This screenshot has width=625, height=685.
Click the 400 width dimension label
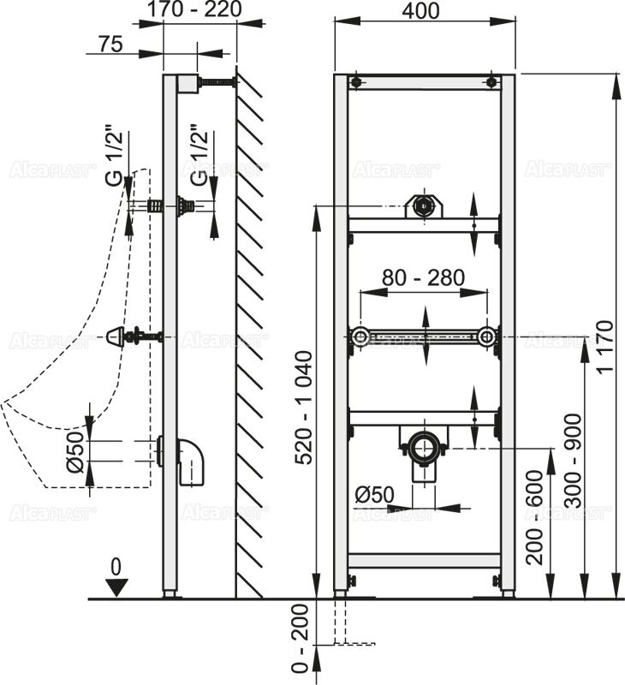(420, 10)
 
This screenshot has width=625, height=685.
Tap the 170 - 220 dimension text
(193, 9)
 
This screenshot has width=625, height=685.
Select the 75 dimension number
(110, 44)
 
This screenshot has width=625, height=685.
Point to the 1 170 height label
(605, 346)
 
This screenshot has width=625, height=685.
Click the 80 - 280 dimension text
(423, 277)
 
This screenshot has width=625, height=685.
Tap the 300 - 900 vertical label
(573, 461)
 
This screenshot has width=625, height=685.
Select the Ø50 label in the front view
(374, 495)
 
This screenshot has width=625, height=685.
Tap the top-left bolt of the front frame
(356, 82)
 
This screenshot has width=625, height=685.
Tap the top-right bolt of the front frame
(491, 82)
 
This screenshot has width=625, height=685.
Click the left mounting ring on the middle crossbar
(360, 337)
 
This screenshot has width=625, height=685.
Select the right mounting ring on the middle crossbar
(485, 337)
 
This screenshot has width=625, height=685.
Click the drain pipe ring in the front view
(423, 448)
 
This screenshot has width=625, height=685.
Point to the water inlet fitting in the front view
(423, 205)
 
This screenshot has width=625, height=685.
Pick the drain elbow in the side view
(191, 462)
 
